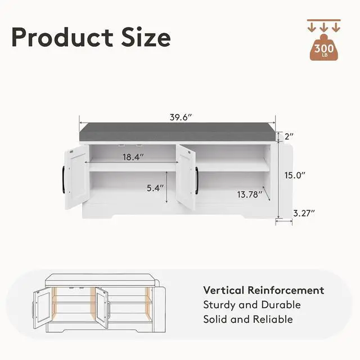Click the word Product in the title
[62, 38]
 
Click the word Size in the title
[146, 38]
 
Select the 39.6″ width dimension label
[181, 118]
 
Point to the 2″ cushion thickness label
[289, 137]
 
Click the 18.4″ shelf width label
[133, 157]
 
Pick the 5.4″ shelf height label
[155, 188]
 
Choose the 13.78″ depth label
[250, 195]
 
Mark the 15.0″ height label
[295, 175]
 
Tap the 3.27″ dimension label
[304, 214]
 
